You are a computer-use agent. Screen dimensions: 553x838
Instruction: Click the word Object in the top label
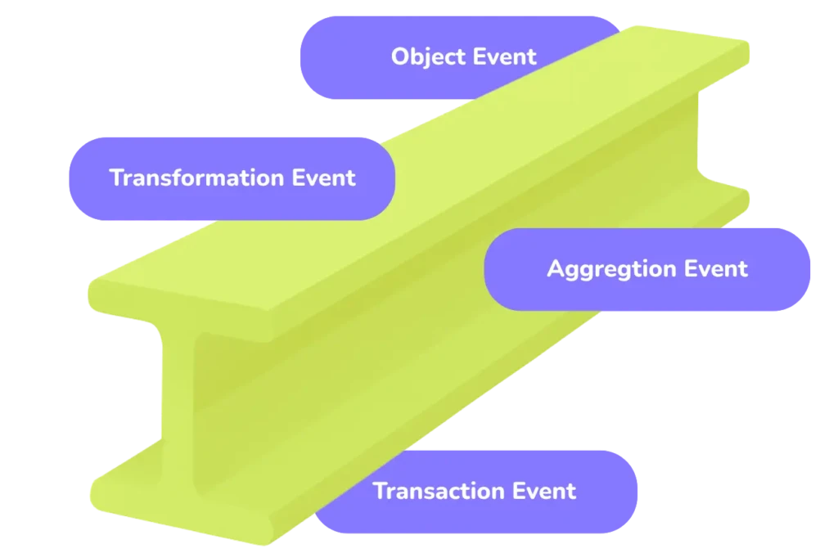point(426,56)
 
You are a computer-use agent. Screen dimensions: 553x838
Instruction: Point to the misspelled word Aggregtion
point(611,269)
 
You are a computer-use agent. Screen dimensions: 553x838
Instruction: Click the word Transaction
point(439,491)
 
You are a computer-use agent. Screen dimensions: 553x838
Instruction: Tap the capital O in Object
point(399,56)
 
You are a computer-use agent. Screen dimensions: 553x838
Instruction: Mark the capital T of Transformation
point(115,178)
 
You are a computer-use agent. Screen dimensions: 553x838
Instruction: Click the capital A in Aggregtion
point(555,268)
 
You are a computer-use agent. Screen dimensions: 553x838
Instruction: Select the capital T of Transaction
point(379,491)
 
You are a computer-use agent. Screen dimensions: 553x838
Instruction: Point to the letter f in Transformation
point(184,177)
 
